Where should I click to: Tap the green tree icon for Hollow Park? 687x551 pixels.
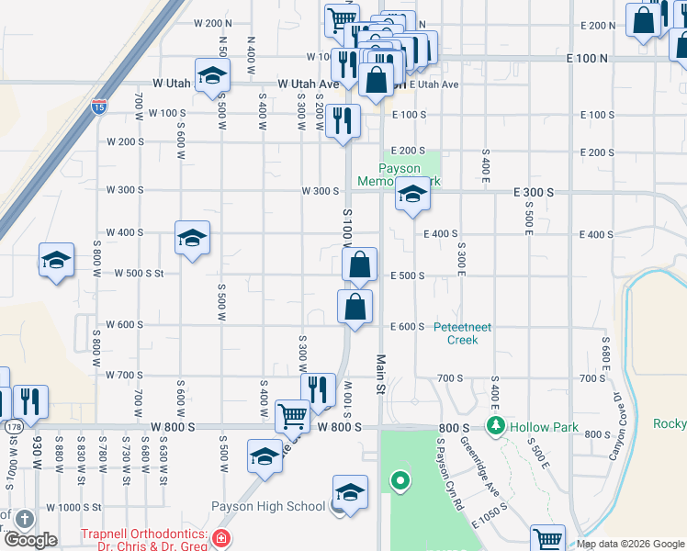pyautogui.click(x=496, y=426)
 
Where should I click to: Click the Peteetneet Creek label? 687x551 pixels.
pyautogui.click(x=463, y=333)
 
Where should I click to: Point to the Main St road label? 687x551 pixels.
pyautogui.click(x=378, y=375)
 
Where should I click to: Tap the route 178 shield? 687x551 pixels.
pyautogui.click(x=13, y=427)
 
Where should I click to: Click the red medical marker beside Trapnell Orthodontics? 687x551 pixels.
pyautogui.click(x=221, y=538)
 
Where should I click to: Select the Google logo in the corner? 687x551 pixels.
pyautogui.click(x=31, y=540)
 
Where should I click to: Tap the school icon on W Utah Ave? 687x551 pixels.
pyautogui.click(x=211, y=76)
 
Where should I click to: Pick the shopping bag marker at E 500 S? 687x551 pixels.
pyautogui.click(x=360, y=264)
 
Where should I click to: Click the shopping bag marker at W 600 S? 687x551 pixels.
pyautogui.click(x=355, y=307)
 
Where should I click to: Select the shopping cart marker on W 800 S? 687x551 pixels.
pyautogui.click(x=292, y=416)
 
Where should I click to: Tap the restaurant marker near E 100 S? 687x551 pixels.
pyautogui.click(x=343, y=120)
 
